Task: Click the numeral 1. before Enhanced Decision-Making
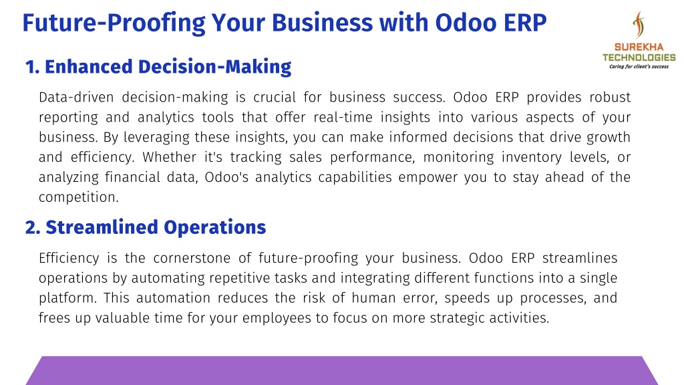pos(32,68)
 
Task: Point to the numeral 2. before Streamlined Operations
pos(33,228)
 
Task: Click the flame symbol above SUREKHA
pos(639,25)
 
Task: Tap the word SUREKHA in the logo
pos(639,47)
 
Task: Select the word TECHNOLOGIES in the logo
pos(639,57)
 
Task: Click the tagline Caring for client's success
pos(639,67)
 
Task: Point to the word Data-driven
pos(76,97)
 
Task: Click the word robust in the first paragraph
pos(610,97)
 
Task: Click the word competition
pos(79,197)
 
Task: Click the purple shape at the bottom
pos(342,370)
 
